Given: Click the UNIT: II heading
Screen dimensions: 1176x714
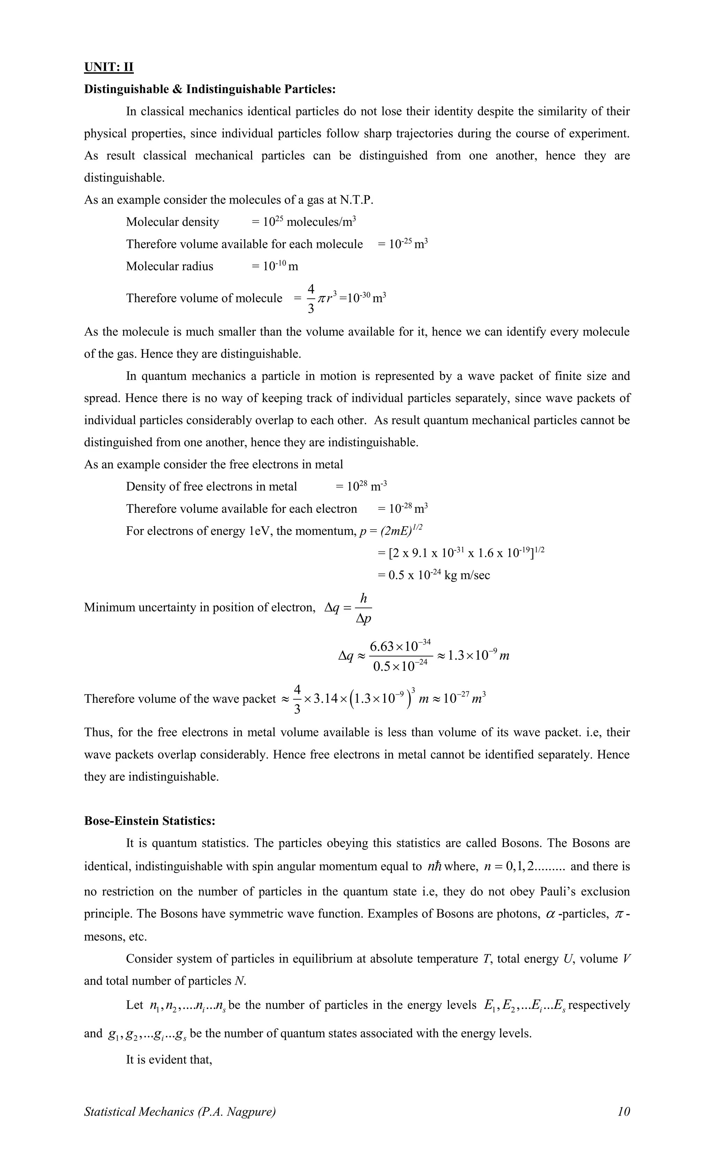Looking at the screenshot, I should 108,67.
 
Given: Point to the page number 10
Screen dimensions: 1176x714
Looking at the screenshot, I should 623,1111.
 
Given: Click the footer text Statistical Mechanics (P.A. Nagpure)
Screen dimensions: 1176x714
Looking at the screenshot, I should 180,1111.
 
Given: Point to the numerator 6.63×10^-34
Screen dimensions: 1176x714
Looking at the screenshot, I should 400,646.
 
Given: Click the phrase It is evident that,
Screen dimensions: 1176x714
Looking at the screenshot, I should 168,1060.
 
